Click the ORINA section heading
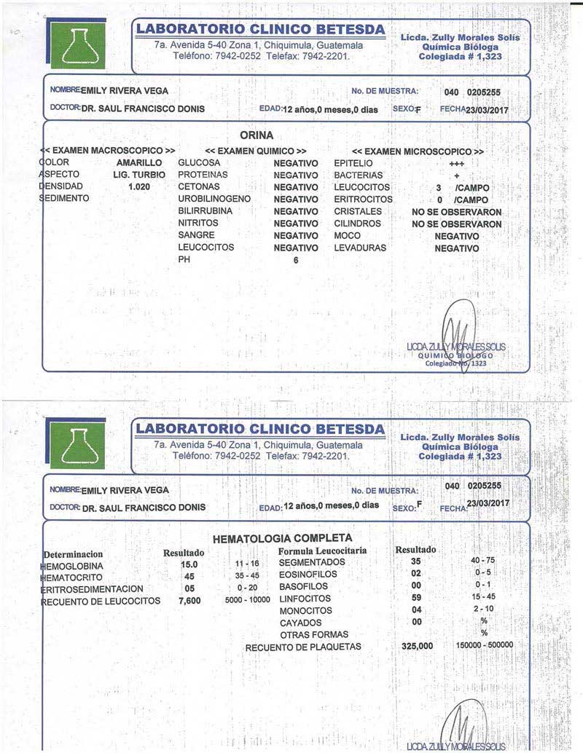[x=257, y=135]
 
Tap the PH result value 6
[x=296, y=260]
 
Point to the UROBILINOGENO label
[x=214, y=199]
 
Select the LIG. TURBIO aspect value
[x=140, y=176]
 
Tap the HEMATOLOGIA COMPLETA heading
[x=273, y=540]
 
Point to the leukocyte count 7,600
[x=189, y=601]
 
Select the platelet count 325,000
[x=418, y=646]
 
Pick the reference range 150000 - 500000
[x=485, y=645]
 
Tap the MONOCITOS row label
[x=305, y=610]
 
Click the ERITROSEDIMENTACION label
[x=92, y=588]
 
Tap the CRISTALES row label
[x=357, y=211]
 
